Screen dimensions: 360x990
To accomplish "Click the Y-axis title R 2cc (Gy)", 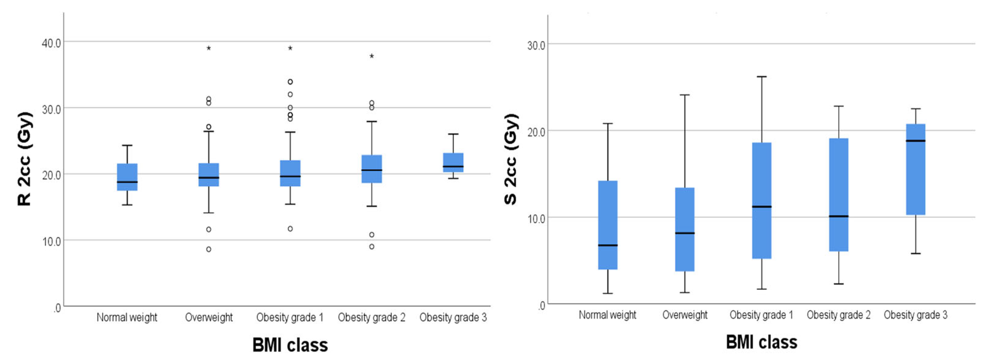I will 25,159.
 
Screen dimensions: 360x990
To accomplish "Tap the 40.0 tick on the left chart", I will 51,43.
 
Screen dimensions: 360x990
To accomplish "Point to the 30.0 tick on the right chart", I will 536,45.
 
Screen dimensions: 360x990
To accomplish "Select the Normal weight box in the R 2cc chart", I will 127,177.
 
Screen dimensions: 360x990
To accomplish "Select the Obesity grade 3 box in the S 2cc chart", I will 916,169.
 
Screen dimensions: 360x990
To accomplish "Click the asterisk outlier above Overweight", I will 209,49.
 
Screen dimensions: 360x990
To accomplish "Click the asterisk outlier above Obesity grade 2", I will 372,56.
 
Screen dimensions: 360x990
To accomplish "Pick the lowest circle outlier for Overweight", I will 209,249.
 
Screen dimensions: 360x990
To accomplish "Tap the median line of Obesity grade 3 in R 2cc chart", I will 453,166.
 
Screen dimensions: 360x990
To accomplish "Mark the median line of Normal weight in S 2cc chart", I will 608,245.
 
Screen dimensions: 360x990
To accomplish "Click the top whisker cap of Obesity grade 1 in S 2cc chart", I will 762,77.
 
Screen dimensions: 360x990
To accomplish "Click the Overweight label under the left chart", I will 209,317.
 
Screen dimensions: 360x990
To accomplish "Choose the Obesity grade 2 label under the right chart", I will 838,315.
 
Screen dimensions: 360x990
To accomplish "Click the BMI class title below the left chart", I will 290,345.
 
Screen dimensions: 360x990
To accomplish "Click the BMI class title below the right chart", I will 762,342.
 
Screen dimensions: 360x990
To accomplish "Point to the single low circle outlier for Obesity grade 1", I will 290,229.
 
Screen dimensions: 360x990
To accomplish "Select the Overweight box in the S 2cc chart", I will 685,229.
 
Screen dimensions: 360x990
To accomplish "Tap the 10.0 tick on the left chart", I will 51,242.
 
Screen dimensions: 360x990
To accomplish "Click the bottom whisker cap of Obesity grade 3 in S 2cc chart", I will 916,253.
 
